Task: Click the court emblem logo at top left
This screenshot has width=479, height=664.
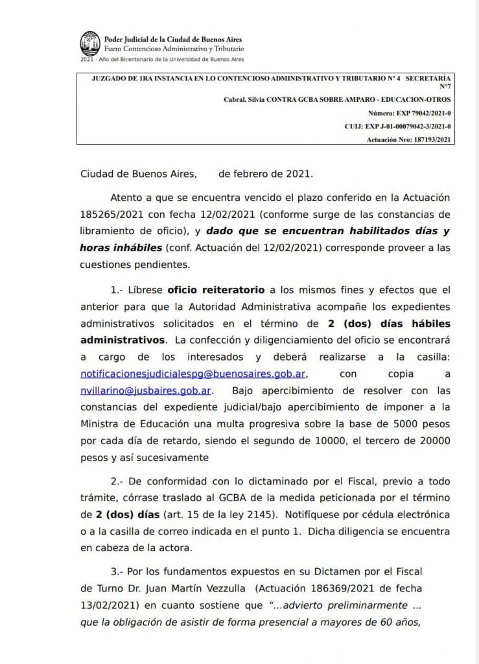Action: pos(90,43)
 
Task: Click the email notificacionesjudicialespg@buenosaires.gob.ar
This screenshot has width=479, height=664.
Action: pos(193,374)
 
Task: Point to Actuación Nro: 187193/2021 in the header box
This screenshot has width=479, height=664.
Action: pos(408,139)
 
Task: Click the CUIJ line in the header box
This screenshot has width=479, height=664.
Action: pos(398,126)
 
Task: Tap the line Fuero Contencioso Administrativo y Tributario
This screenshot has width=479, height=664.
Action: pos(174,49)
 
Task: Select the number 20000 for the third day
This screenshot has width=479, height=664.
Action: pos(432,441)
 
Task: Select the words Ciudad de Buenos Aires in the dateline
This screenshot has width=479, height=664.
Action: pos(129,174)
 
